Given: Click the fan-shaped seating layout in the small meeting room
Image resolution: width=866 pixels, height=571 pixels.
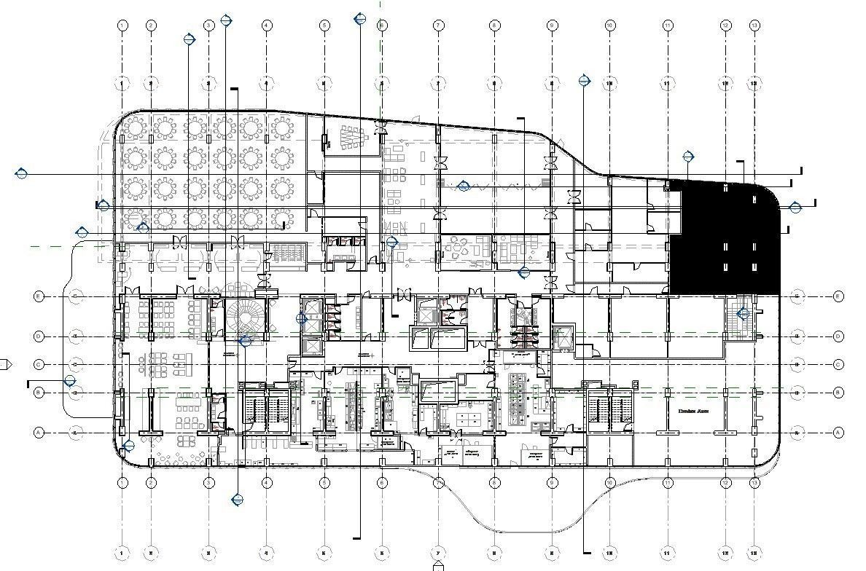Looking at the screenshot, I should pyautogui.click(x=351, y=136).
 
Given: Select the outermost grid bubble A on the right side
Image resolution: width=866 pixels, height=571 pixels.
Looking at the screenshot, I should pyautogui.click(x=838, y=433).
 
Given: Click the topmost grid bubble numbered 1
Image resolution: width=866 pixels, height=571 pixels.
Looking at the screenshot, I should pyautogui.click(x=122, y=25).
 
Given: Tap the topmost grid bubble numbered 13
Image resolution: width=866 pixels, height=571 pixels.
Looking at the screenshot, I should pyautogui.click(x=754, y=25).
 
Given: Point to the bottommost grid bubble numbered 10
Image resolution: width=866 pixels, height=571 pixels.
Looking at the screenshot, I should pyautogui.click(x=609, y=554).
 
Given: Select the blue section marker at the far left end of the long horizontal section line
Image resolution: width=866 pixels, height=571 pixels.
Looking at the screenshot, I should pyautogui.click(x=21, y=173).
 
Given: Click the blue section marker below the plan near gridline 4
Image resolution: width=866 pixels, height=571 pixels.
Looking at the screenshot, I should pyautogui.click(x=237, y=500).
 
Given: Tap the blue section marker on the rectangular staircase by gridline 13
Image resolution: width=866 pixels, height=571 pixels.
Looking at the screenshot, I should pyautogui.click(x=743, y=314).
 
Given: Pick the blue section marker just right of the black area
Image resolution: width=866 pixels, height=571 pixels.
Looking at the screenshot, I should pyautogui.click(x=795, y=208).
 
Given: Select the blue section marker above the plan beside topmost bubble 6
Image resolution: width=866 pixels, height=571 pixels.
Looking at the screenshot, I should pyautogui.click(x=359, y=19).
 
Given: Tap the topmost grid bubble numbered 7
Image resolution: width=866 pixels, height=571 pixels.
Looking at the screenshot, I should pyautogui.click(x=439, y=25).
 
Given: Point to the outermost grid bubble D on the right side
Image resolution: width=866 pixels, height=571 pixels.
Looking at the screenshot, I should pyautogui.click(x=838, y=336).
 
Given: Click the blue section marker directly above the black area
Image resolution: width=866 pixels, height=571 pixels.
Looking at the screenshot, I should pyautogui.click(x=688, y=156).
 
